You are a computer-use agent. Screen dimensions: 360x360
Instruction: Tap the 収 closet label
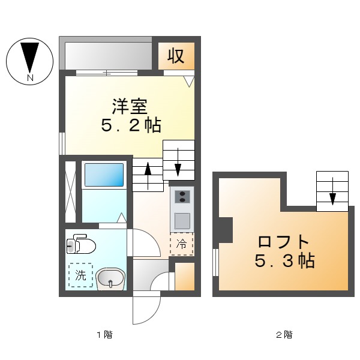tap(175, 56)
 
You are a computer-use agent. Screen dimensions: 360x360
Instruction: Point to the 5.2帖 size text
tap(131, 125)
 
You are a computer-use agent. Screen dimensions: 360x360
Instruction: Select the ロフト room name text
tap(283, 242)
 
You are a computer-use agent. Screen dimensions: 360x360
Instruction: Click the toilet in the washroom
tap(81, 245)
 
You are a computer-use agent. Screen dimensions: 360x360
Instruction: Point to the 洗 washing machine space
tap(80, 276)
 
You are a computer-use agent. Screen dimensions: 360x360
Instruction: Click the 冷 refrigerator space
tap(181, 244)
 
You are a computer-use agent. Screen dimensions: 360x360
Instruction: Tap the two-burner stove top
tap(181, 196)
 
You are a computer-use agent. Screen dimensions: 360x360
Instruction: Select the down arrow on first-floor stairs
tap(179, 160)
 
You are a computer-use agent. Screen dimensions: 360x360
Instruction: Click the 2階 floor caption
tap(284, 334)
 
